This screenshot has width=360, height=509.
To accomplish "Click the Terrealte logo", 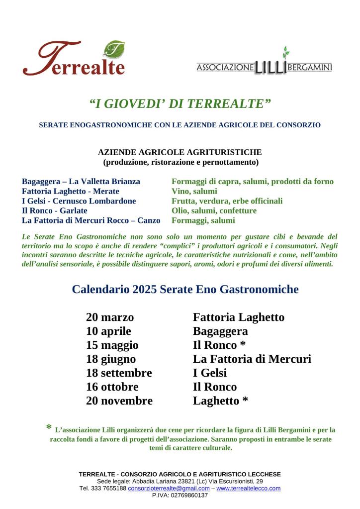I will point(74,59).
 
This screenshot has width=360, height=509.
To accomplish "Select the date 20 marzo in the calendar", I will point(110,317).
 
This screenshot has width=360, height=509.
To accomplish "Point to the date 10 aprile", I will point(108,331).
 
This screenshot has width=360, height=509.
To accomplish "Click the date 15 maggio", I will point(112,345).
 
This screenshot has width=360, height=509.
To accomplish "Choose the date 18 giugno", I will point(111,359).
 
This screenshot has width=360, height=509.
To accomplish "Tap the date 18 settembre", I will point(119,373).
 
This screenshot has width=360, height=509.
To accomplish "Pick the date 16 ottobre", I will point(112,387).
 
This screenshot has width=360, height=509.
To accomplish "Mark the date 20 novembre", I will point(119,401).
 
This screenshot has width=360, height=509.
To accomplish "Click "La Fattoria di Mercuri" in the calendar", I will point(252,359).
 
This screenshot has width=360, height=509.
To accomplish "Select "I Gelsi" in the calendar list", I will point(210,373).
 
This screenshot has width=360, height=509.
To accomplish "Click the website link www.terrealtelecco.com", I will point(248,489).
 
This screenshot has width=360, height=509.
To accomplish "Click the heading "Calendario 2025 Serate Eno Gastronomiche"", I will point(185,289).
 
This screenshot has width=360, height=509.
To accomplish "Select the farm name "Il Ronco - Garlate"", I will point(55,210).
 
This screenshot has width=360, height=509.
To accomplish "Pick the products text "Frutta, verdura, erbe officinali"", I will point(227,201).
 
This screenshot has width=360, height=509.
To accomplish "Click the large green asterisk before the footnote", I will point(49,428).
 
